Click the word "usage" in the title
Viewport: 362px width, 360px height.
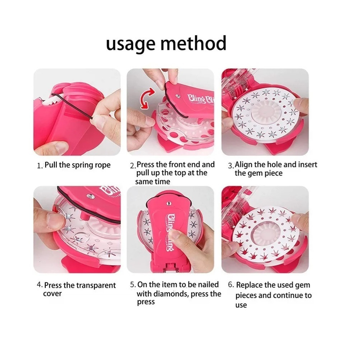130,44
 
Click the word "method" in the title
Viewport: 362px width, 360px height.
194,43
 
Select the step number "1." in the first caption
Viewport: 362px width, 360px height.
40,166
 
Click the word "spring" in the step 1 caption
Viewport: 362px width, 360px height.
83,165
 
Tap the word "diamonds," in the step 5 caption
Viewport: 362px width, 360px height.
171,294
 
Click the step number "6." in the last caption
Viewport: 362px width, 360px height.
231,285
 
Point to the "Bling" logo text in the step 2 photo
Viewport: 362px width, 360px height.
196,99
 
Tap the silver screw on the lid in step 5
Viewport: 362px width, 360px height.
169,203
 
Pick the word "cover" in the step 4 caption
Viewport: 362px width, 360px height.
52,294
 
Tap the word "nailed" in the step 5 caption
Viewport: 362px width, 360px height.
208,285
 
